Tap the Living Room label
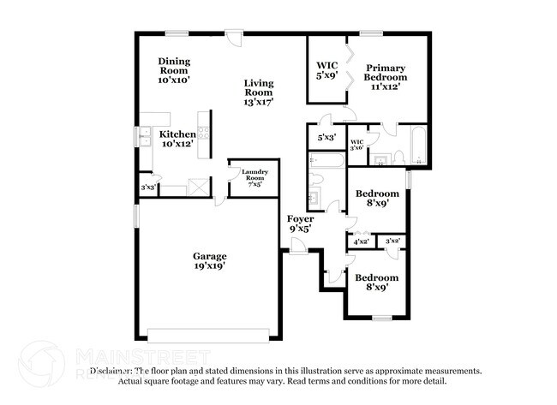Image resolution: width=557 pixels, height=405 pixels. (x=258, y=86)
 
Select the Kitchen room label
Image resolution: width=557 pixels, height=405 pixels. (x=177, y=135)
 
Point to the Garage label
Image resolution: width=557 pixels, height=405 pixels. (x=209, y=256)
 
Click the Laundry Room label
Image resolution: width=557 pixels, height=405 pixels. (x=255, y=173)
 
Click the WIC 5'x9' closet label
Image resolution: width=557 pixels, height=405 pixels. (x=326, y=65)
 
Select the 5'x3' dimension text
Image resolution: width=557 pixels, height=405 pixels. (x=326, y=137)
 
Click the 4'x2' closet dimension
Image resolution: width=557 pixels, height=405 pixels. (x=361, y=242)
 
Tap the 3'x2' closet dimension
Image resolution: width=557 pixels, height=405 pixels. (x=393, y=242)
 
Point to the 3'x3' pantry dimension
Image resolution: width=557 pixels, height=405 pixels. (x=148, y=186)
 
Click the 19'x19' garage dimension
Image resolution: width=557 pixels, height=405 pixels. (x=209, y=267)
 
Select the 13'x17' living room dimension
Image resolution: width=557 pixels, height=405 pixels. (x=258, y=103)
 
